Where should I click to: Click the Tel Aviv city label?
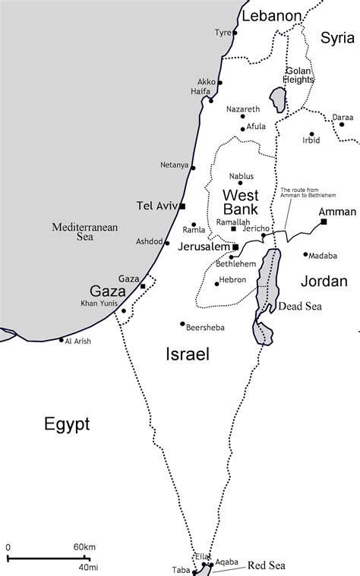tap(156, 206)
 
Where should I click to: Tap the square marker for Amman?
tap(324, 222)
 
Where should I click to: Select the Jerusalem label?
tap(204, 247)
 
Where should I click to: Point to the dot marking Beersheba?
tap(182, 324)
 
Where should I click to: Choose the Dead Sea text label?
tap(300, 307)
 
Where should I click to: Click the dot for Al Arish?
tap(62, 340)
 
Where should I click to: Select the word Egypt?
tap(66, 423)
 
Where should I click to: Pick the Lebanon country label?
tap(271, 15)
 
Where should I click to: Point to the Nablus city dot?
tap(241, 183)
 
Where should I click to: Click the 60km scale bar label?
tap(84, 546)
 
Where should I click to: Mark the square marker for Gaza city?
tap(143, 286)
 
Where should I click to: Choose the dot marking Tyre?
tap(235, 33)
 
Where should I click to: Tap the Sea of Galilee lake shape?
tap(278, 99)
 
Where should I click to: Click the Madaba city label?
tap(323, 255)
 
